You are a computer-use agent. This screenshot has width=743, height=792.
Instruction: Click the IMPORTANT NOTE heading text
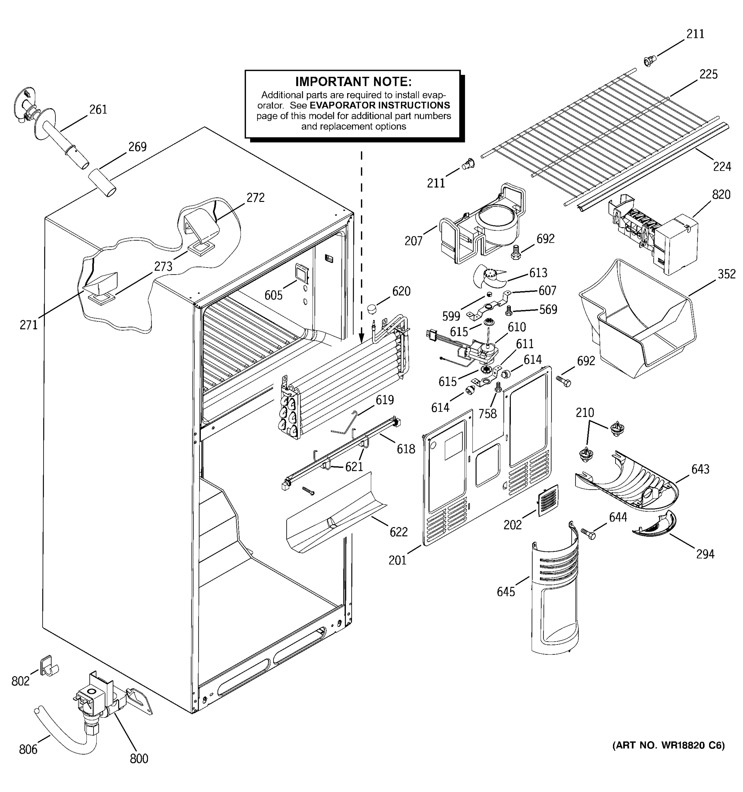353,82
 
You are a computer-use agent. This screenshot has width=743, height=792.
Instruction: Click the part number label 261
98,109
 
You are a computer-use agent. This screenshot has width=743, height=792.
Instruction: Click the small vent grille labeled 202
548,500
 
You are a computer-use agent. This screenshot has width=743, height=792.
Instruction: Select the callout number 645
506,592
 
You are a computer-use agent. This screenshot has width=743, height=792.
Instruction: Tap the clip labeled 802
47,667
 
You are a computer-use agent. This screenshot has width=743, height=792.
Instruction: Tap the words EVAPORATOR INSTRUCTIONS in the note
379,105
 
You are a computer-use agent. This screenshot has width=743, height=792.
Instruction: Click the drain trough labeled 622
335,514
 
